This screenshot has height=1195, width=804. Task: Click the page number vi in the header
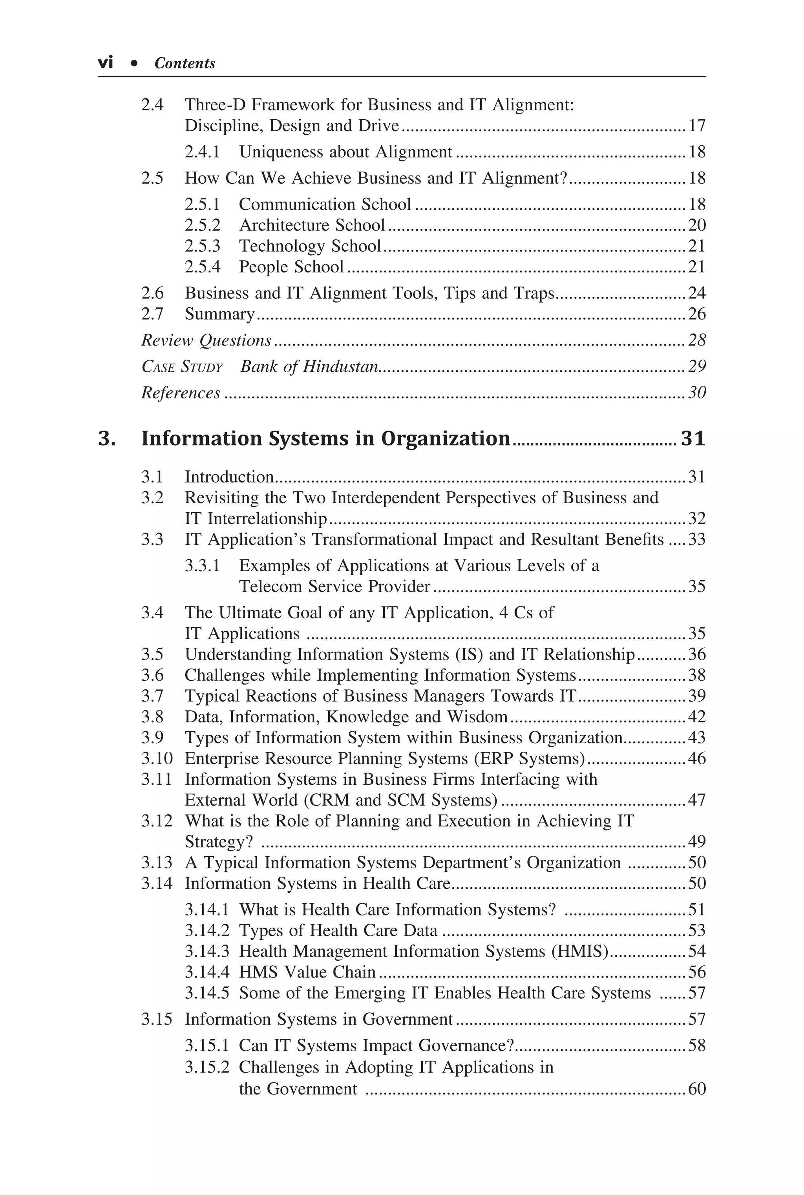105,63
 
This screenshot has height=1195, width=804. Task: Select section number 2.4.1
202,152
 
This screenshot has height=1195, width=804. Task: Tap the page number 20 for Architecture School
696,225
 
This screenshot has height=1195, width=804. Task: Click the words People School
291,267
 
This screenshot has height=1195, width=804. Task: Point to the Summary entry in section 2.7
219,314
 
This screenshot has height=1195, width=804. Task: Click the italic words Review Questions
206,340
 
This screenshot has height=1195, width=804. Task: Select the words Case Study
182,367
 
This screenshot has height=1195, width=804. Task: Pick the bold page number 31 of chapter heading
693,439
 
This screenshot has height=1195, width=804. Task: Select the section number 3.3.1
202,565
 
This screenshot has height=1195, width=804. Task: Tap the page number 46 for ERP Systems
696,758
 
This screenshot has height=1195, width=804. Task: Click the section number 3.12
157,821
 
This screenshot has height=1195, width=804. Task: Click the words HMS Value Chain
307,972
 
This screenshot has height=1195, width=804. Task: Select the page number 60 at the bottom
696,1088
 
